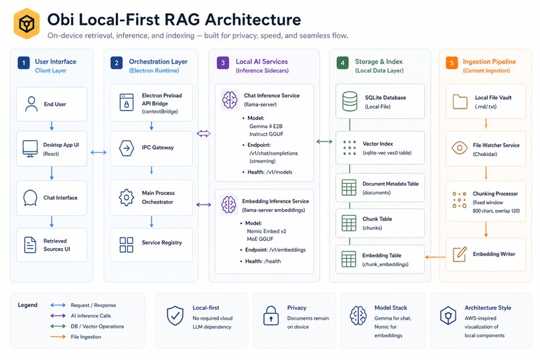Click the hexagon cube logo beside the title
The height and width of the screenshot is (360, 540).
coord(27,23)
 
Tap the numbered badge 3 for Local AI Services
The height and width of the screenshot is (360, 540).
coord(223,63)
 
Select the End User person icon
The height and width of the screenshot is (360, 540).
coord(31,104)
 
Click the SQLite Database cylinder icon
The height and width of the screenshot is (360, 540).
coord(350,101)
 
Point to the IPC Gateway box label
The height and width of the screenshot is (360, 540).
coord(157,147)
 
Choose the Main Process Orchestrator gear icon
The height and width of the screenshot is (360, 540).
coord(127,197)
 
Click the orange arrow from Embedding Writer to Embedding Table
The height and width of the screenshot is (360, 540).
coord(435,257)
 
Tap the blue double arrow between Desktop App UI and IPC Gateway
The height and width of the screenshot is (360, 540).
coord(98,152)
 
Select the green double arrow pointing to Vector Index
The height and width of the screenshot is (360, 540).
coord(324,141)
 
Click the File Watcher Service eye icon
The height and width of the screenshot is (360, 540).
coord(460,148)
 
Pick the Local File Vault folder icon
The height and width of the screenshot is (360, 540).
coord(460,102)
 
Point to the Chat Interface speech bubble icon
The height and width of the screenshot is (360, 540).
coord(30,198)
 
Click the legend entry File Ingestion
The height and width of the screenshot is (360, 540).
coord(86,337)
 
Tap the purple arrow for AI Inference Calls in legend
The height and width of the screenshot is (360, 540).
coord(58,316)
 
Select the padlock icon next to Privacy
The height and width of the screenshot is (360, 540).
coord(271,316)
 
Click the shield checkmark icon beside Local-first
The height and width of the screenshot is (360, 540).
coord(175,316)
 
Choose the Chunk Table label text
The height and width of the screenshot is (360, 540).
coord(377,219)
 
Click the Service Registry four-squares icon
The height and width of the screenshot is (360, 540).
coord(127,245)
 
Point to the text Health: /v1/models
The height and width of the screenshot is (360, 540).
coord(269,172)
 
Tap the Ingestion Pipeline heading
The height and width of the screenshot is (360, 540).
coord(489,62)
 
